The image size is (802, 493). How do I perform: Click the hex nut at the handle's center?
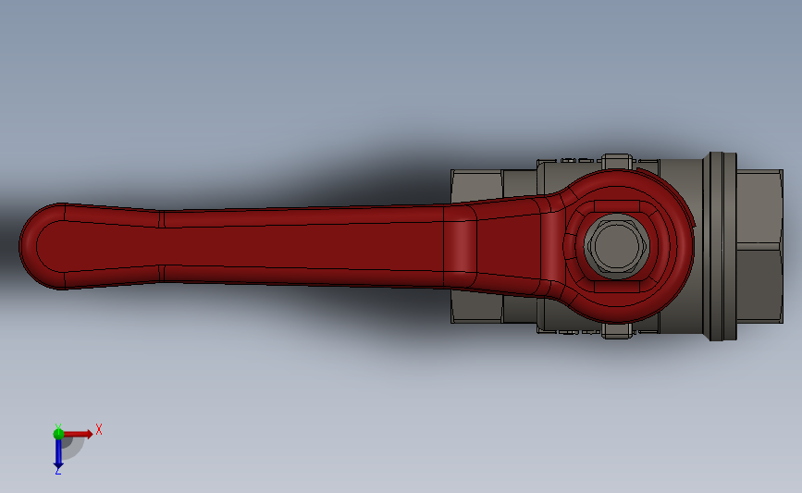617,246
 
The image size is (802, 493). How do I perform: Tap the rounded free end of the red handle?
37,246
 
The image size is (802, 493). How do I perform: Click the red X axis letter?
98,429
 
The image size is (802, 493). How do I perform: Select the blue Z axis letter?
57,471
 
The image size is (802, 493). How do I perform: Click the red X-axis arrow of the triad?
79,433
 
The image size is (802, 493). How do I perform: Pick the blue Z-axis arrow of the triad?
57,451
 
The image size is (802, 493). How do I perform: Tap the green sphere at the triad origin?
58,433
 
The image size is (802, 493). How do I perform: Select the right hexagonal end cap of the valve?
759,246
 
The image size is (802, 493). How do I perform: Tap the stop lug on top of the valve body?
615,161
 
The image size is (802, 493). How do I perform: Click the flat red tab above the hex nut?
618,206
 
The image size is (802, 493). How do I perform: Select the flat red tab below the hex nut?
618,286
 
